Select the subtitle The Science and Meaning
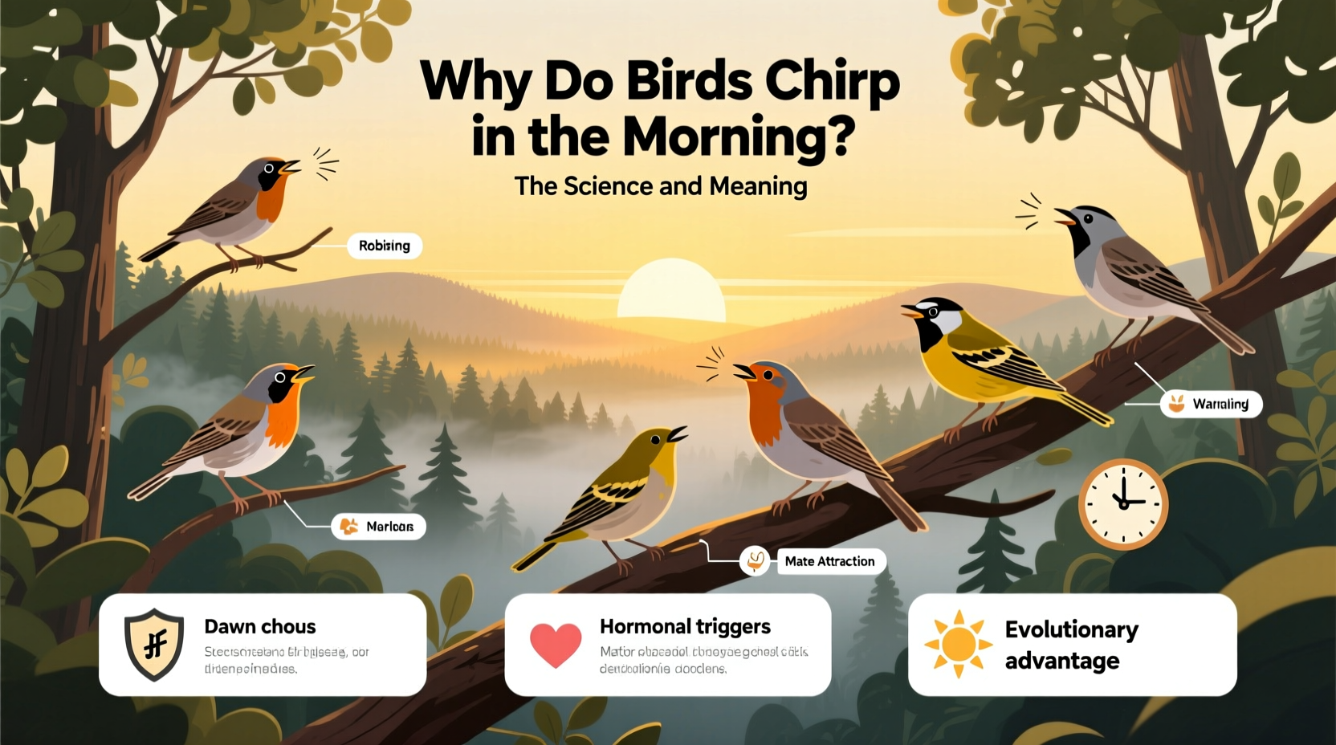coord(660,186)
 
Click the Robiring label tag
coord(385,246)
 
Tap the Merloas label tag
coord(379,527)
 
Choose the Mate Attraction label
coord(830,561)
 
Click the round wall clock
coord(1122,503)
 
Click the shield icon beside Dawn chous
coord(154,644)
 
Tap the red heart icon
coord(556,644)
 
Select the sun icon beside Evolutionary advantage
coord(958,644)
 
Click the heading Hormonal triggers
coord(685,626)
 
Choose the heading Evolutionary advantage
coord(1071,645)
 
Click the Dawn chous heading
coord(260,626)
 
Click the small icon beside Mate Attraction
coord(755,561)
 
